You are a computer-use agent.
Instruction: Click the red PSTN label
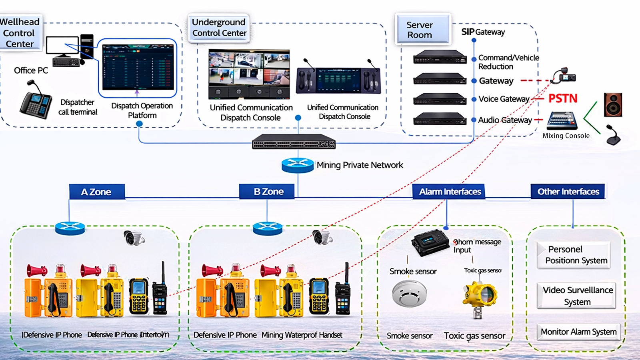pos(562,98)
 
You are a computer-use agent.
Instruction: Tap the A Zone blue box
pos(97,192)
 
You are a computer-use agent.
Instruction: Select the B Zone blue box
pos(267,192)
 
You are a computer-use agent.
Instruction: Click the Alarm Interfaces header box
pos(450,192)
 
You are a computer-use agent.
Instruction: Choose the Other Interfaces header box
pos(568,192)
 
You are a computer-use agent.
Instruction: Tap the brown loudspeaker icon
pos(612,105)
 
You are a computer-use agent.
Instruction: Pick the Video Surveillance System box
pos(576,296)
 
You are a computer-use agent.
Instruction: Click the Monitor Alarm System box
pos(578,332)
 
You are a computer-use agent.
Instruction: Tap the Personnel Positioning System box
pos(574,255)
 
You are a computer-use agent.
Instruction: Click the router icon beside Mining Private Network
pos(297,165)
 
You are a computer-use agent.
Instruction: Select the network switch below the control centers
pos(294,142)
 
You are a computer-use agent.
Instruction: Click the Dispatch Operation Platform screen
pos(138,68)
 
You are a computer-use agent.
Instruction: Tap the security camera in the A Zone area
pos(134,238)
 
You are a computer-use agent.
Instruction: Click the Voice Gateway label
pos(504,99)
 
